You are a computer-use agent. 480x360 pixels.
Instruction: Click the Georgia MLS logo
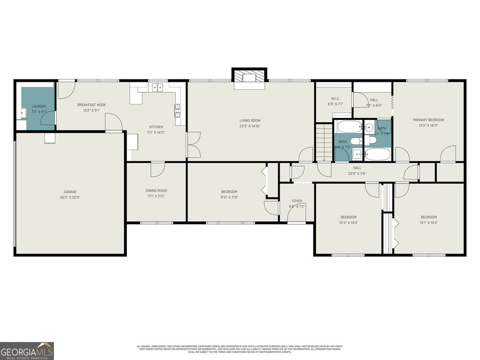(27, 351)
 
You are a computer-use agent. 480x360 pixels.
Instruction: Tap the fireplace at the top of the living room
(249, 78)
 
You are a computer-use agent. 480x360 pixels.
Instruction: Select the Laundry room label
(39, 106)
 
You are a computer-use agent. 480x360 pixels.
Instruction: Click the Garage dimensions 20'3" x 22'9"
(70, 197)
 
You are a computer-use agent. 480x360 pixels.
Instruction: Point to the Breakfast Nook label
(92, 105)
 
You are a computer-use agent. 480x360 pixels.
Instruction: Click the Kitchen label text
(156, 127)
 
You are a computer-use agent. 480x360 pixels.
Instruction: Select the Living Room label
(250, 120)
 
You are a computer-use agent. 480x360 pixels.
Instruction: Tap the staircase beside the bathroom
(324, 142)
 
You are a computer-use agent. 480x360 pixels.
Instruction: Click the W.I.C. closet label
(335, 99)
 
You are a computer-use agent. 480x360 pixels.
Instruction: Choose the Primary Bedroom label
(428, 120)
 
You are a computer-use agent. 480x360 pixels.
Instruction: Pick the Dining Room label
(156, 191)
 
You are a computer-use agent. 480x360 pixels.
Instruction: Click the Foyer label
(297, 201)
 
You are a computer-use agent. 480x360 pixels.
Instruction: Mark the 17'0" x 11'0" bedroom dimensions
(229, 197)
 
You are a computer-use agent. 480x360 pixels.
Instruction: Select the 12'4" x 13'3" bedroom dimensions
(348, 223)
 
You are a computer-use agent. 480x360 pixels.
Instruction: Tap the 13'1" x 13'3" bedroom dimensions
(428, 223)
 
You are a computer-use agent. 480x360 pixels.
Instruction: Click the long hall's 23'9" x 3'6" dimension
(357, 174)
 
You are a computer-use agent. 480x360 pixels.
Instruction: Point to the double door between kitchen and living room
(194, 144)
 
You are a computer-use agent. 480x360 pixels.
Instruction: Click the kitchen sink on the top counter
(158, 87)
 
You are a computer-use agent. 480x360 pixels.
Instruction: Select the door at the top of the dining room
(158, 169)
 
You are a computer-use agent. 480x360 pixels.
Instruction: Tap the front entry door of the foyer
(294, 216)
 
